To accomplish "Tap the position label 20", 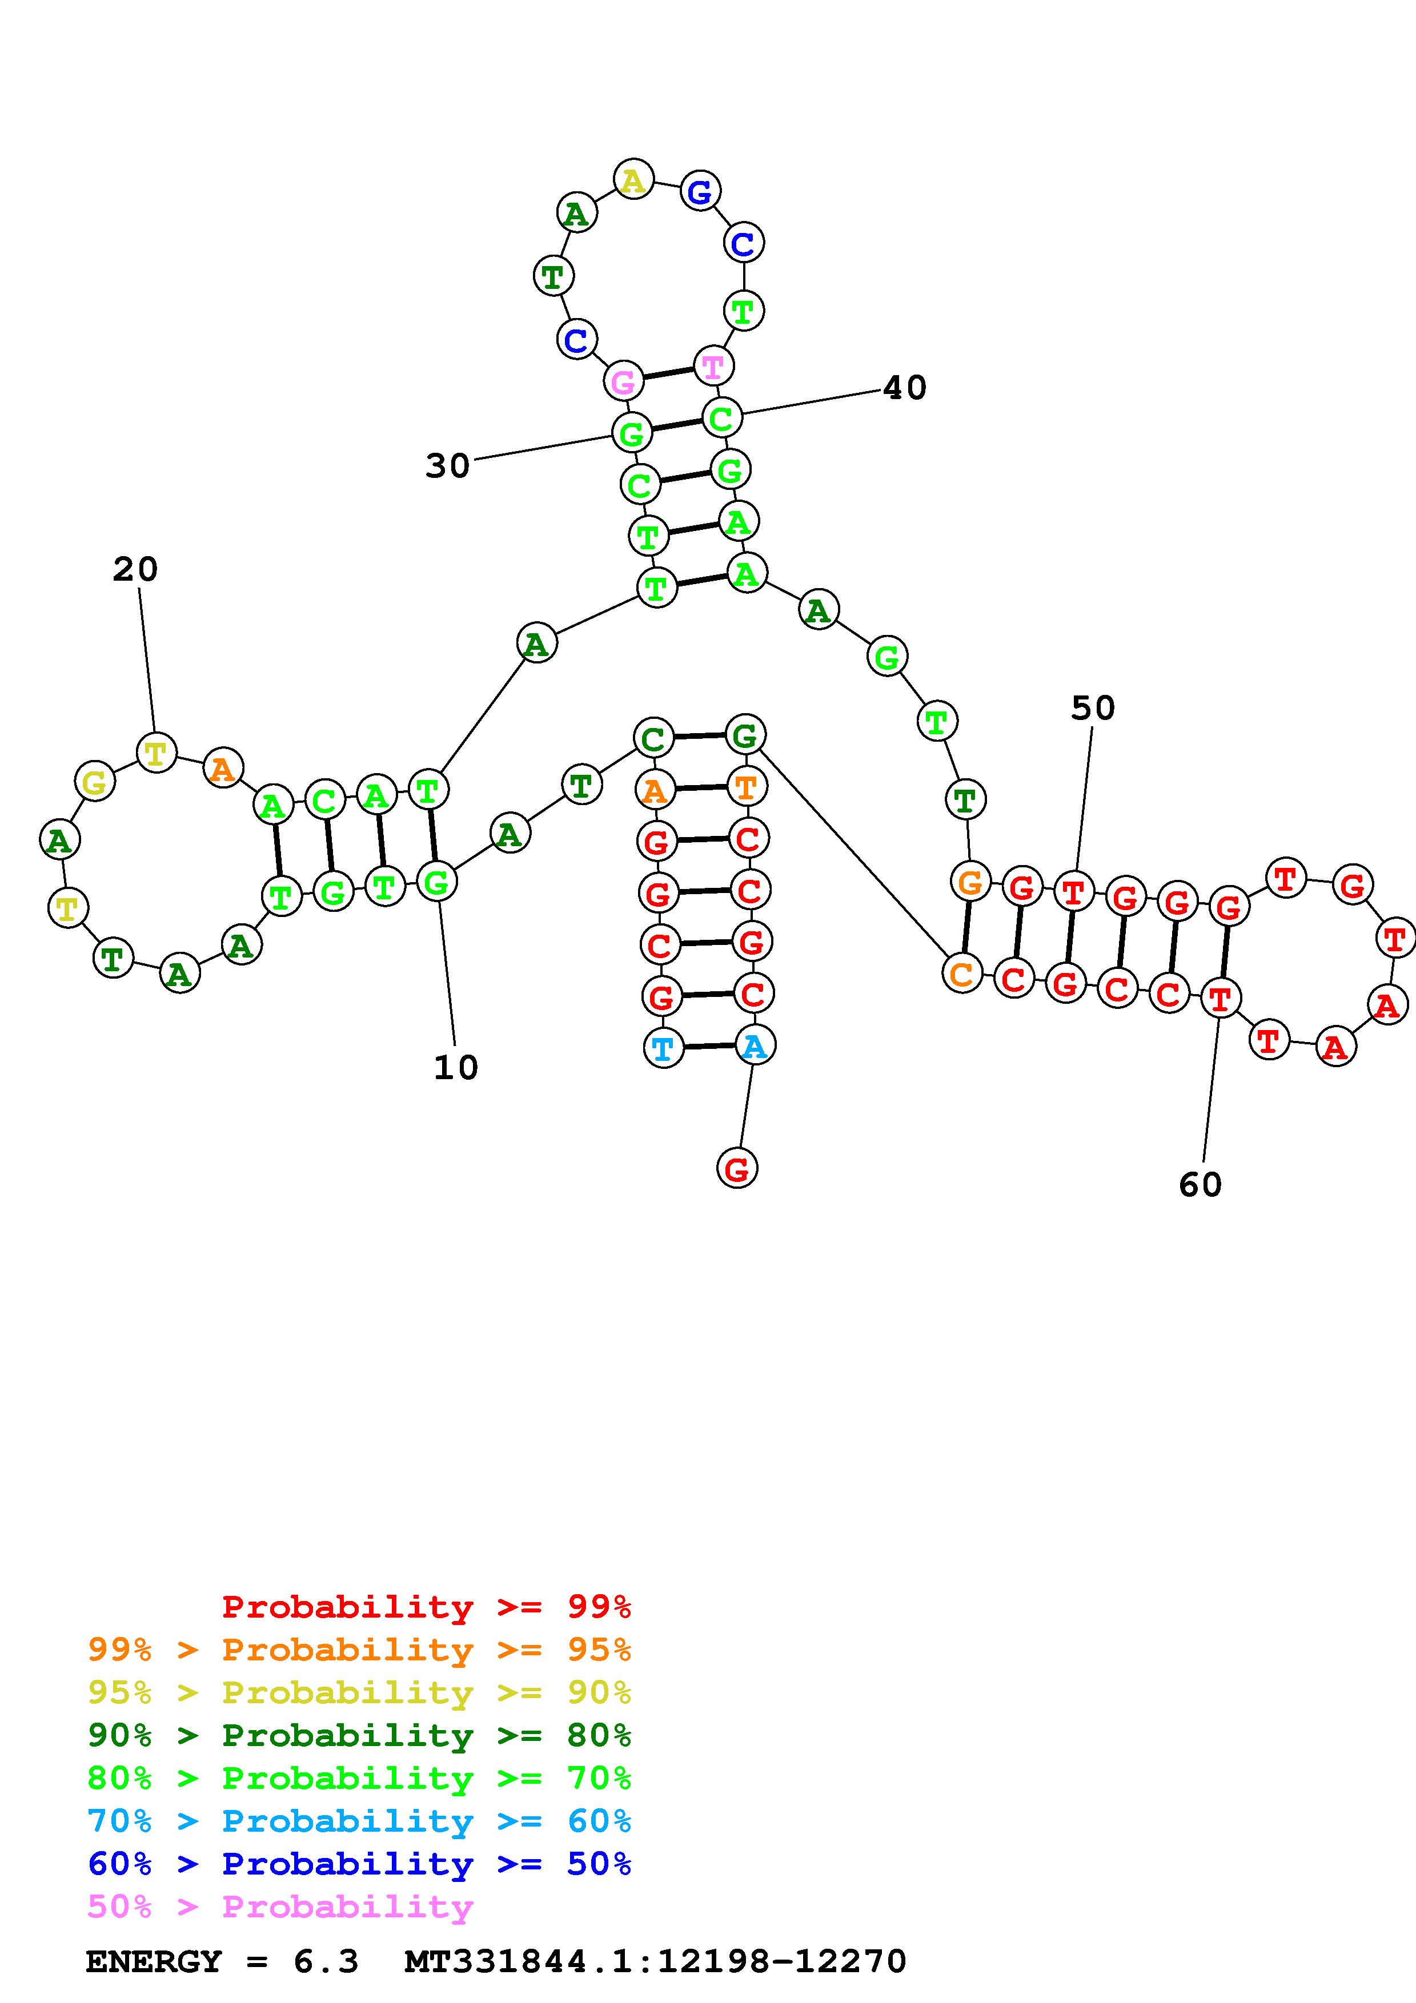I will (x=135, y=570).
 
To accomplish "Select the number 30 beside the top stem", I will (x=448, y=466).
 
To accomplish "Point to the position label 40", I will (x=905, y=387).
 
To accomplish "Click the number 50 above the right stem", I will (x=1092, y=707).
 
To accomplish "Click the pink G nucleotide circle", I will (x=624, y=381).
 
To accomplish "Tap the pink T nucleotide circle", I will (x=713, y=367).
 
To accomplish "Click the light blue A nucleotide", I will (x=755, y=1045).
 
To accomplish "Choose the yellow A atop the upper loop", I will (x=633, y=180).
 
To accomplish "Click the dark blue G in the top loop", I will (x=700, y=191).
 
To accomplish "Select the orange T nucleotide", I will (x=746, y=787).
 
